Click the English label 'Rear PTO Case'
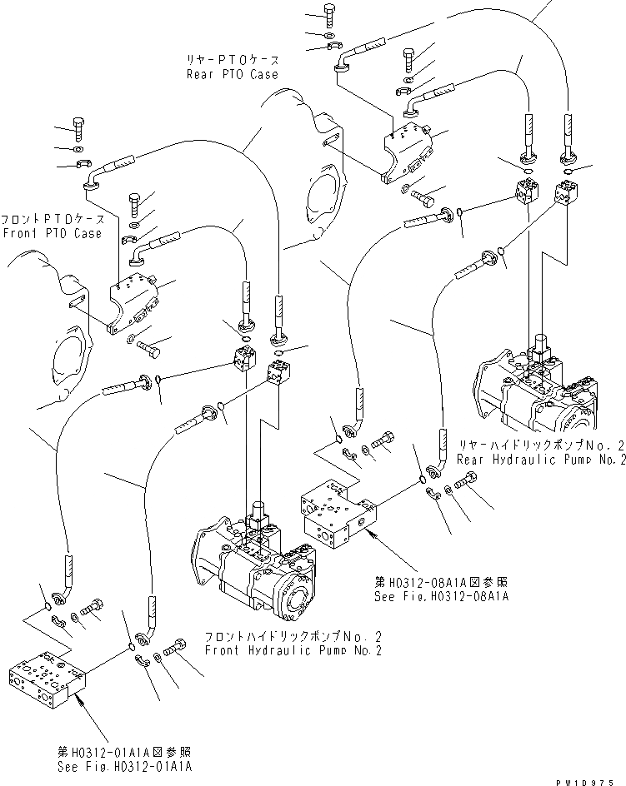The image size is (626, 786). pyautogui.click(x=232, y=74)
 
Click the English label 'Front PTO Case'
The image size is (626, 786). pyautogui.click(x=52, y=233)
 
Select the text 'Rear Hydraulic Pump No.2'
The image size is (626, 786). pyautogui.click(x=536, y=459)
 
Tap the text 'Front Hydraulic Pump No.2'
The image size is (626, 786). pyautogui.click(x=293, y=650)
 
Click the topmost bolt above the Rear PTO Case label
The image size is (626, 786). pyautogui.click(x=327, y=14)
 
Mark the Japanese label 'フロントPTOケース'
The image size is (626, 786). pyautogui.click(x=52, y=219)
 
